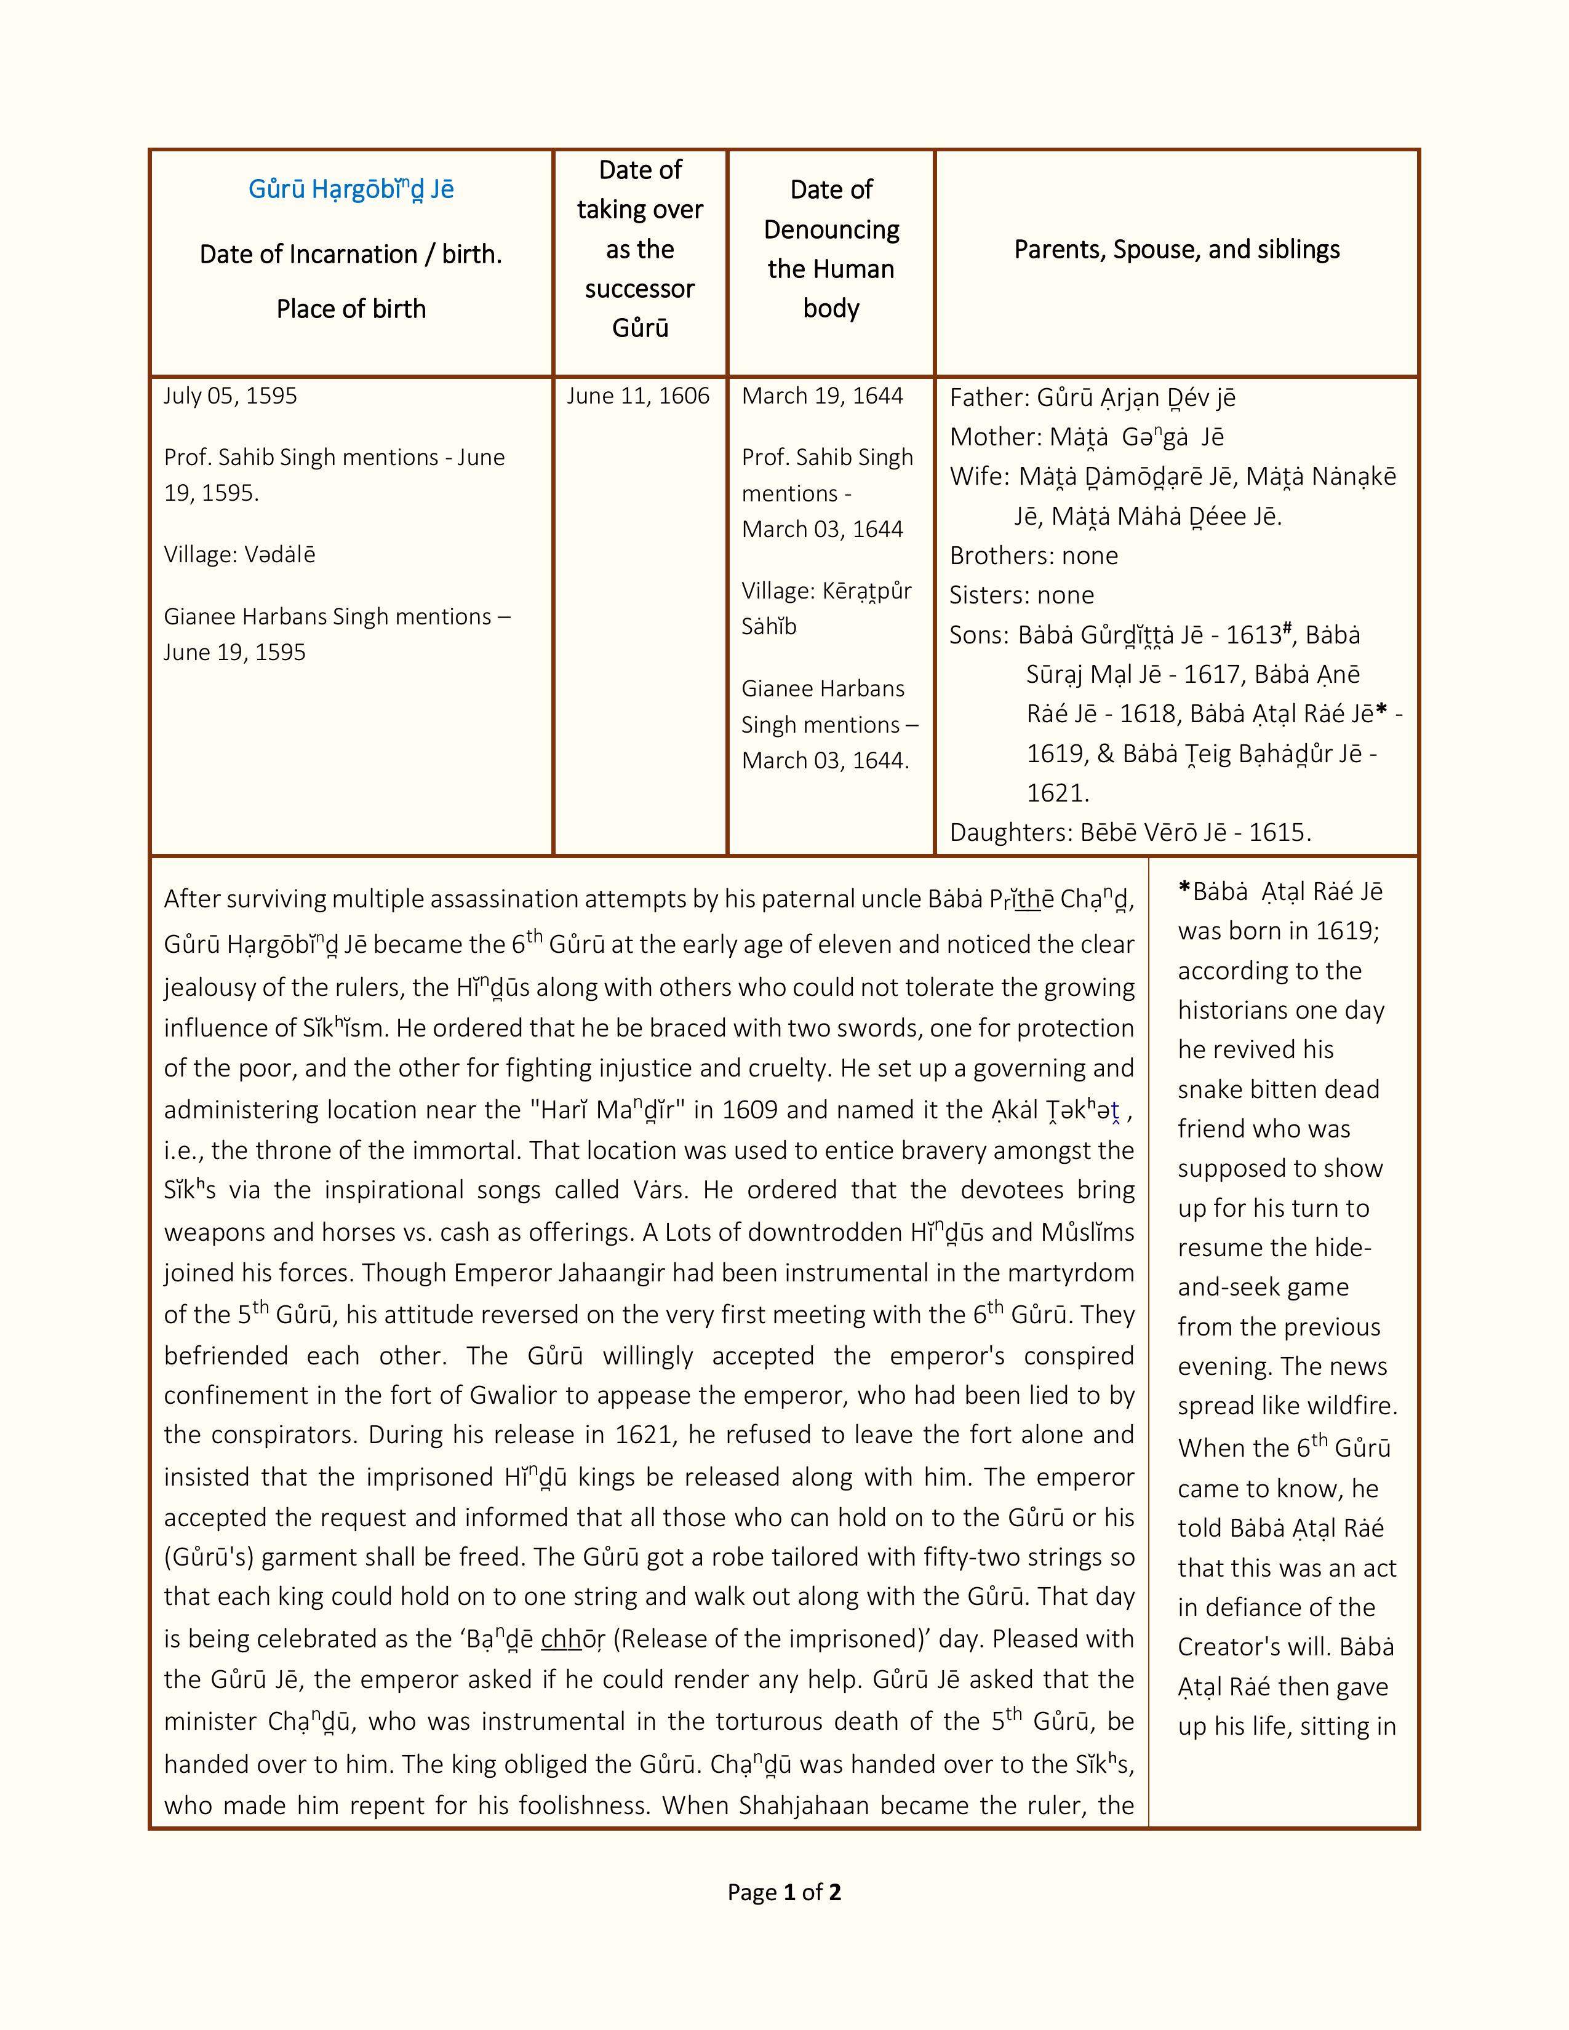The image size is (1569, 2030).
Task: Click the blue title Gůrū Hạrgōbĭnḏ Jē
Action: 351,189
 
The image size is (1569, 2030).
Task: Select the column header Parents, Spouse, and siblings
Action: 1176,249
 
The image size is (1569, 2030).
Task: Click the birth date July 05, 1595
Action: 231,396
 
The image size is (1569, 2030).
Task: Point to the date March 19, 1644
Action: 821,396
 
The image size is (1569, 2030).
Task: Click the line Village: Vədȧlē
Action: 240,555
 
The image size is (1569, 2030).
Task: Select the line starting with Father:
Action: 1092,398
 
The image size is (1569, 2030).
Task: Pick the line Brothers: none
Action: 1034,556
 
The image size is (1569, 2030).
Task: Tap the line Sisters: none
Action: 1021,595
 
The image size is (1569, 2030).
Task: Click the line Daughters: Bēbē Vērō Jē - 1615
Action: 1129,832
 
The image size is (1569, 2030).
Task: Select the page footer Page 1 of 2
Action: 783,1892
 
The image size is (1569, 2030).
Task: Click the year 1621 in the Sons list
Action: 1057,793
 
